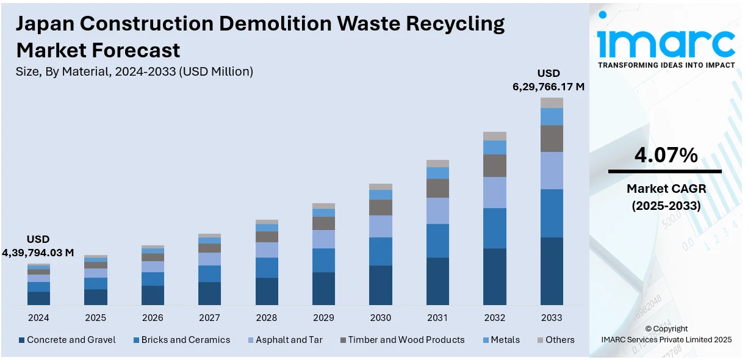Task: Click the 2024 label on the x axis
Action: point(38,318)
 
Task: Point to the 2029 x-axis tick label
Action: point(323,318)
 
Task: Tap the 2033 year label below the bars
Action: point(552,318)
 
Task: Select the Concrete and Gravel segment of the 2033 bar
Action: point(552,271)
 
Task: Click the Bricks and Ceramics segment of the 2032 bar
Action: point(495,228)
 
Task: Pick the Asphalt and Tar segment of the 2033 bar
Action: point(552,170)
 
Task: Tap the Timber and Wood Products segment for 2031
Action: point(437,188)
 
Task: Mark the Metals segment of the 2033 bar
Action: point(552,117)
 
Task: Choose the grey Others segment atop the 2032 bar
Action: point(495,136)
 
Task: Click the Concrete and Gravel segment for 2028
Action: point(267,291)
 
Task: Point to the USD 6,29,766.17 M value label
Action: point(548,80)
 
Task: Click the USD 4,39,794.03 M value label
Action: point(38,246)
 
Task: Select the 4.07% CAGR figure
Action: point(666,155)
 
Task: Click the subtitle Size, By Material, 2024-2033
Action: point(134,71)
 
